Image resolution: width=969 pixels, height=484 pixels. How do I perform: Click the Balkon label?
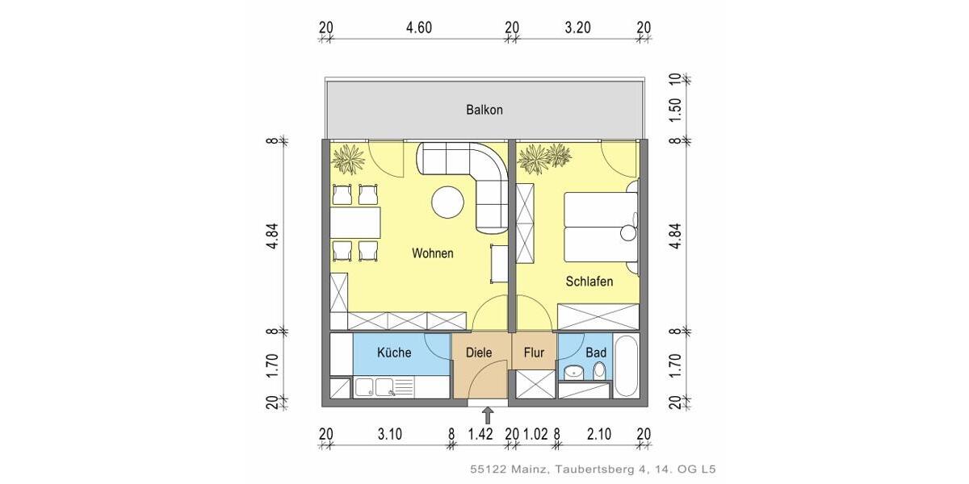pos(484,110)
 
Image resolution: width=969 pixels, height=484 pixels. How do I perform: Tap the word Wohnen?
pos(433,253)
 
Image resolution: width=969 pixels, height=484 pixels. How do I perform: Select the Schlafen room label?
pos(589,282)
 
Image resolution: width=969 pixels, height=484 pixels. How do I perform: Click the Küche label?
pos(394,353)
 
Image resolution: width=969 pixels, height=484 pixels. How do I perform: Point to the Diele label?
pos(479,353)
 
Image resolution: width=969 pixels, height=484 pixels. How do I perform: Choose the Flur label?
pos(534,353)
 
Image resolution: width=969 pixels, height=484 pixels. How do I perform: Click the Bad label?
pos(596,353)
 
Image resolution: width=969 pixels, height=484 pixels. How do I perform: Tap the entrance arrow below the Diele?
pos(488,415)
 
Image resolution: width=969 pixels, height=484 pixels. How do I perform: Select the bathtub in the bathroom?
pos(626,367)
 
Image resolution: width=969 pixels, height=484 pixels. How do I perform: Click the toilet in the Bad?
pos(599,371)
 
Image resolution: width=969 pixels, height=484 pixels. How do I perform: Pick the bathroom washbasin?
pos(573,372)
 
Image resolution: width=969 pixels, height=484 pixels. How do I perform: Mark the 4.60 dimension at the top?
pos(419,27)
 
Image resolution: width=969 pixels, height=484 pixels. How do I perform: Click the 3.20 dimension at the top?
pos(577,27)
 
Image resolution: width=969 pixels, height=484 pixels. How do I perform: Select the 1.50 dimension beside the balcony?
pos(676,110)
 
